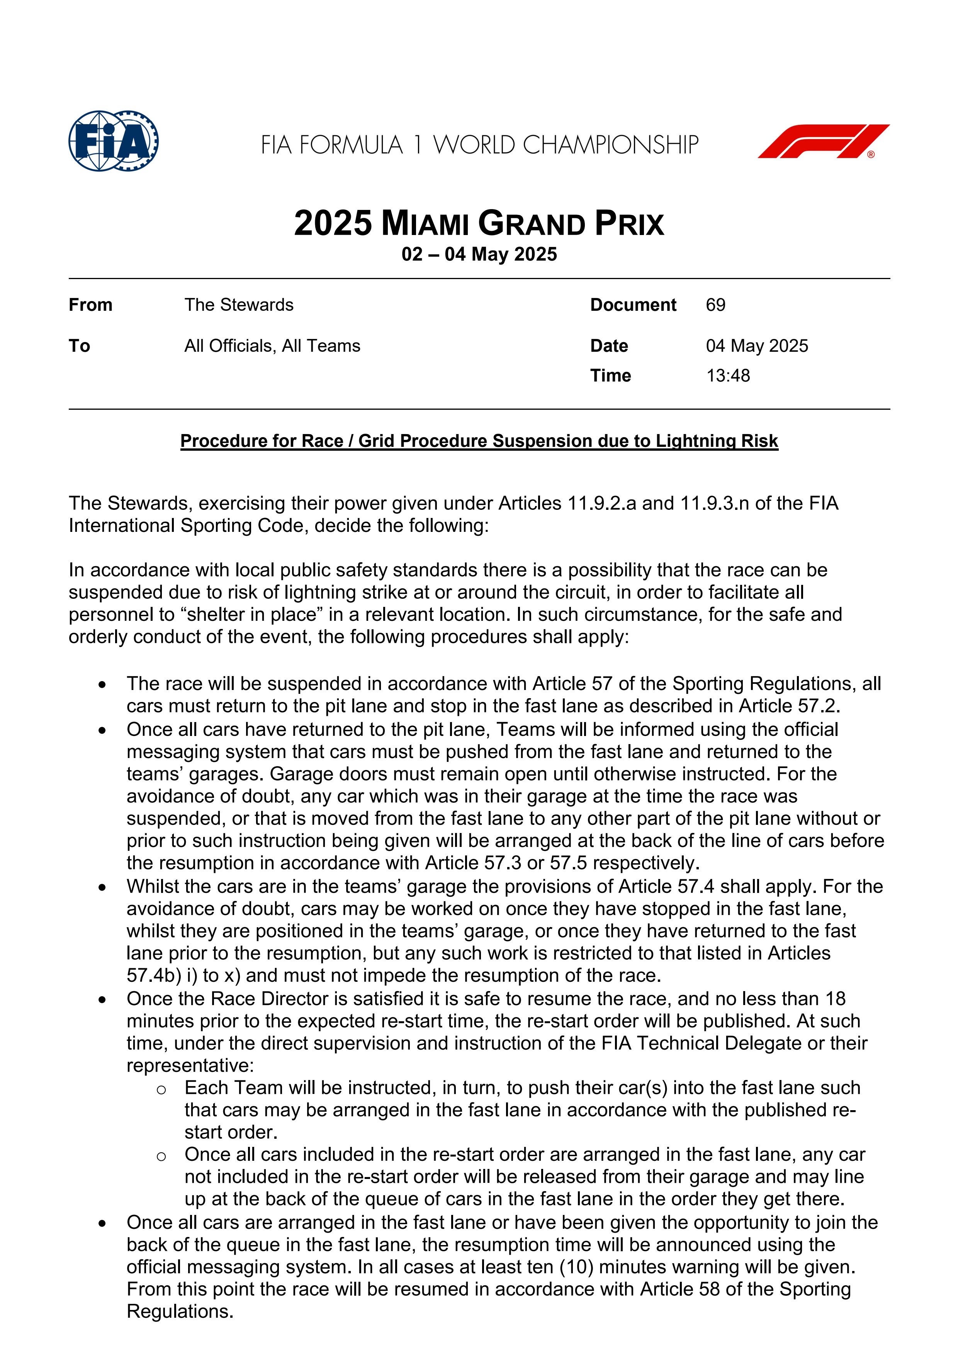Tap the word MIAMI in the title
pyautogui.click(x=425, y=225)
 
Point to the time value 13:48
pyautogui.click(x=728, y=376)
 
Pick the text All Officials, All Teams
pyautogui.click(x=272, y=346)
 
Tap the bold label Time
pyautogui.click(x=610, y=376)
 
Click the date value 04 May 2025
pyautogui.click(x=757, y=346)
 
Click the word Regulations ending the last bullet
pyautogui.click(x=180, y=1312)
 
